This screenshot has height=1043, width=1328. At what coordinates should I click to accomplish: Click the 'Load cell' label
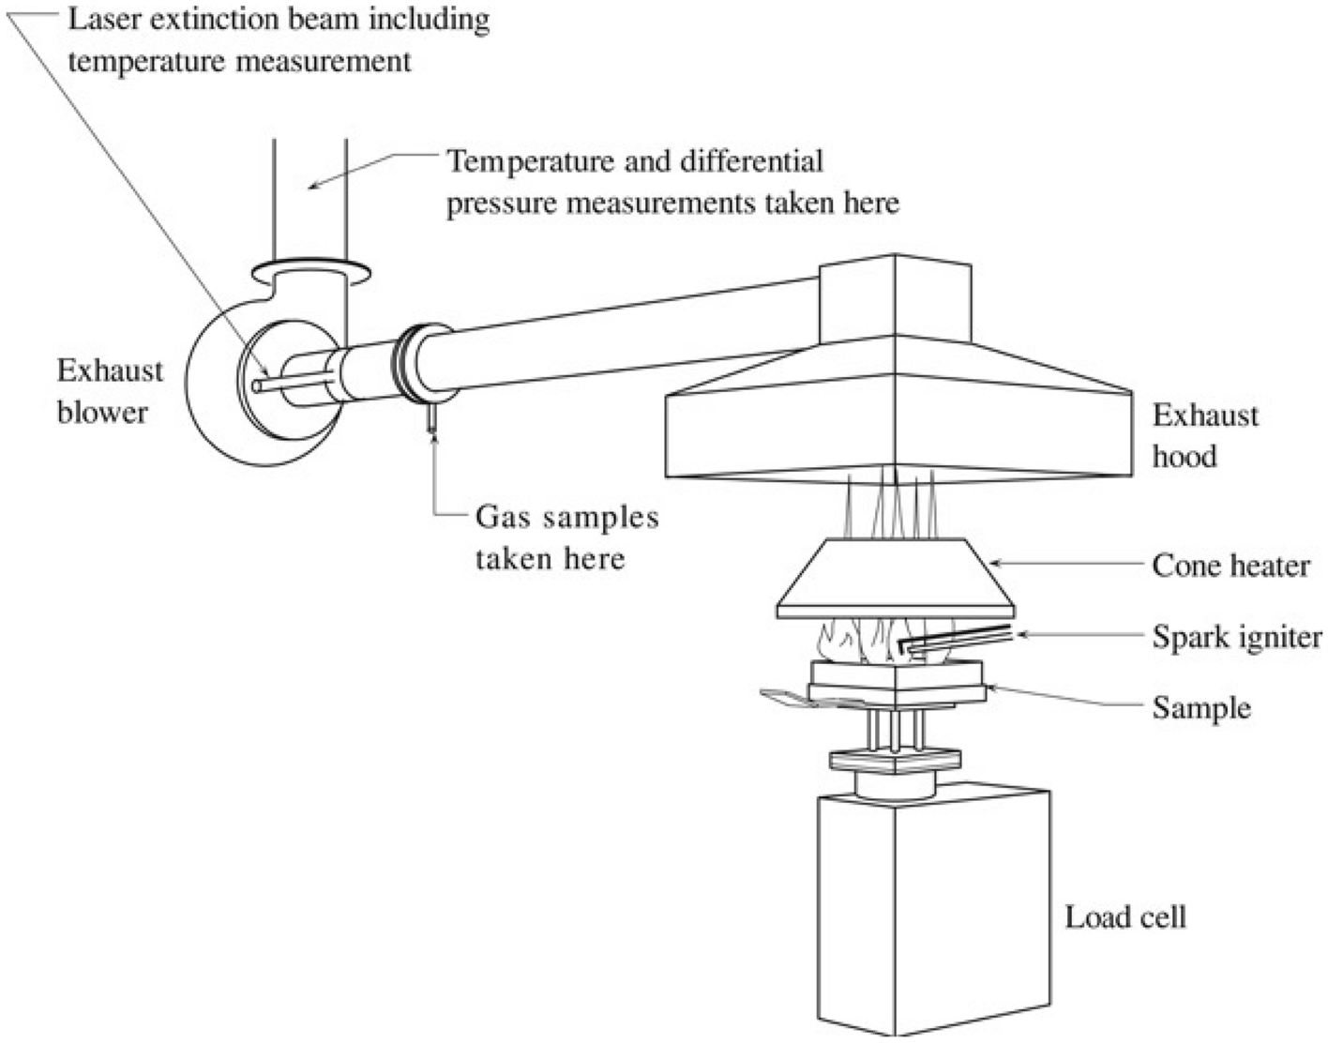(x=1124, y=916)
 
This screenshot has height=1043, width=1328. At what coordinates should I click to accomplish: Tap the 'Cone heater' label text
(x=1230, y=566)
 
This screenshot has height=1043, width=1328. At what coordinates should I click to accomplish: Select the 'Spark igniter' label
(x=1237, y=637)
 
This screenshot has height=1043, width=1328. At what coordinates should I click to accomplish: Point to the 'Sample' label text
(x=1201, y=707)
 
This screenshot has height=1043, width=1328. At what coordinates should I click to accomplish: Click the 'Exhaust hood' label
(x=1205, y=435)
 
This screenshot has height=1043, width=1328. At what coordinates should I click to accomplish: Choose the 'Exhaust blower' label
(x=110, y=391)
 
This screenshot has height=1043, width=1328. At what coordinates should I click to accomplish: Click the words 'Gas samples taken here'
(x=566, y=537)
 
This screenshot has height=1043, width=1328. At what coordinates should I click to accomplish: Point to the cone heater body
(x=896, y=577)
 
